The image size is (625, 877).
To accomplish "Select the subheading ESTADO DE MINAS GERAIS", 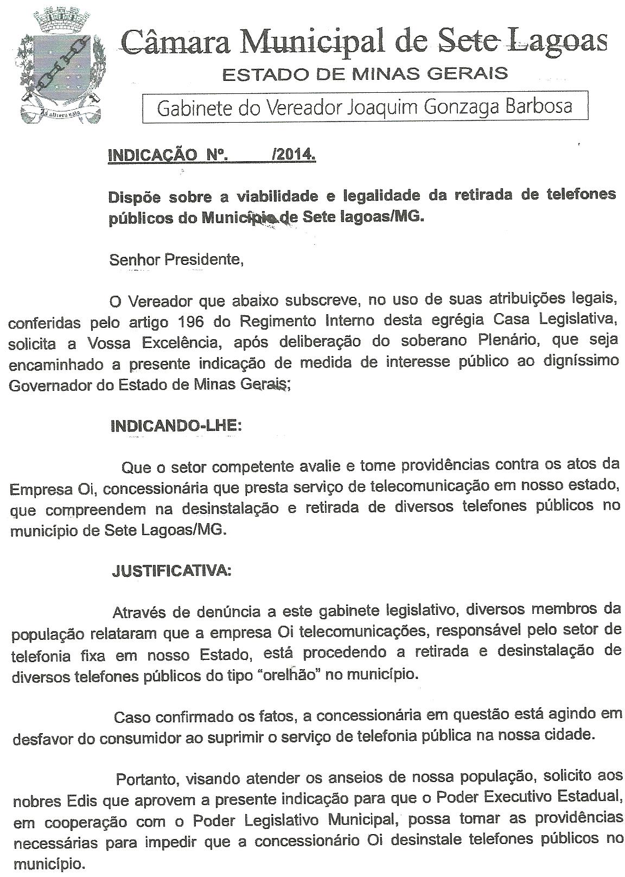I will [365, 74].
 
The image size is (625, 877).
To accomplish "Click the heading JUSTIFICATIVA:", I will [171, 571].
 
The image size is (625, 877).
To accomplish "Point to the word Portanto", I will [146, 779].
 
